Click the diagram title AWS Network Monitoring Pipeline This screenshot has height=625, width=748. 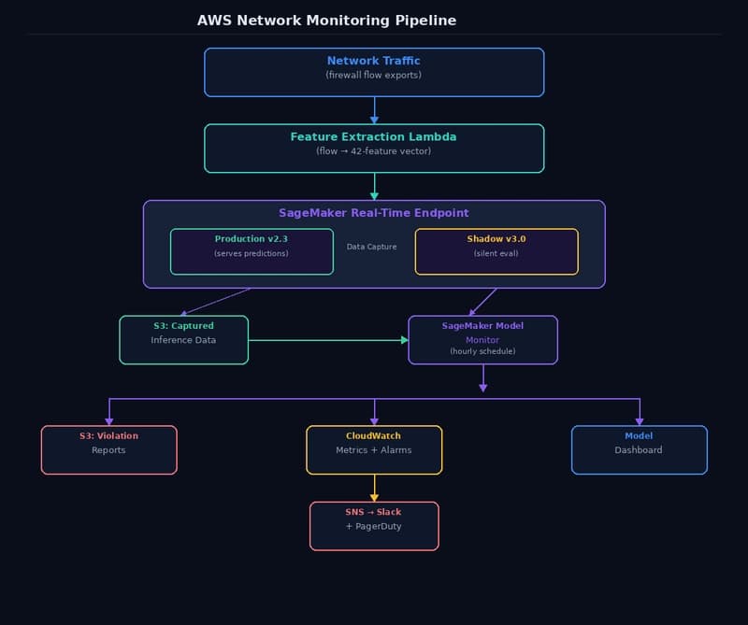[326, 21]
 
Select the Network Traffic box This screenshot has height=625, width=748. [374, 72]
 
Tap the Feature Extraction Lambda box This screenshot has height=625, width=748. [374, 148]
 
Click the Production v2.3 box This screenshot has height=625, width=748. [252, 251]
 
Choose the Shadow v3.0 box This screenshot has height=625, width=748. [496, 251]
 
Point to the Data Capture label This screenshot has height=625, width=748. [372, 247]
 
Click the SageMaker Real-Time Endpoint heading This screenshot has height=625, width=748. [374, 213]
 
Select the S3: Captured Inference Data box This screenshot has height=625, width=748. [183, 339]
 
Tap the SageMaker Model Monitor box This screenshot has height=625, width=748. [482, 339]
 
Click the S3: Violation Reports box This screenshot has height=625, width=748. [108, 449]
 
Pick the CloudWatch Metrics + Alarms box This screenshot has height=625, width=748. [374, 449]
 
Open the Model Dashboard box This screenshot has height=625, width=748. [639, 449]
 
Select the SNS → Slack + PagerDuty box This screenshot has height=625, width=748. [374, 525]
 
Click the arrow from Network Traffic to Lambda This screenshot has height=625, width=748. [374, 110]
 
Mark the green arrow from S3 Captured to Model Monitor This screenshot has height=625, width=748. [327, 339]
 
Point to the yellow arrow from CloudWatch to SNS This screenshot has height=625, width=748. [374, 488]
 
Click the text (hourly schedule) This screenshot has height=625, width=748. [482, 351]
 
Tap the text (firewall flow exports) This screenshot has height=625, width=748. [374, 75]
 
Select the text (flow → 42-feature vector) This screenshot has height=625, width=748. [374, 150]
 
